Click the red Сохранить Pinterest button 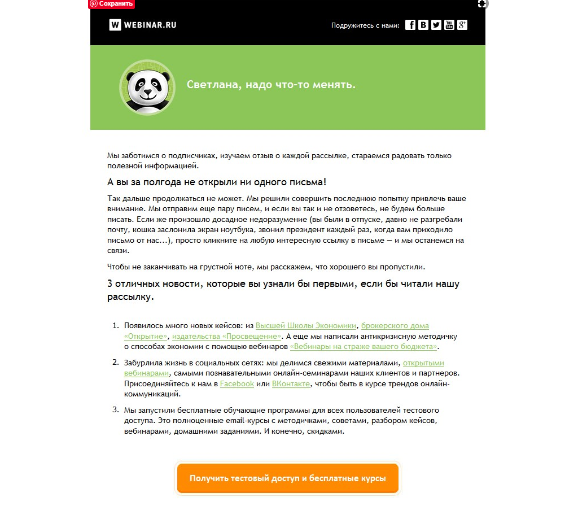[x=112, y=4]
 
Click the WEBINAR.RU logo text [x=151, y=25]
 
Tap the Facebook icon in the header [x=410, y=25]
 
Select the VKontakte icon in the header [x=423, y=25]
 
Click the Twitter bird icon [x=436, y=25]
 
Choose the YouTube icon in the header [x=449, y=25]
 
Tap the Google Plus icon [x=462, y=25]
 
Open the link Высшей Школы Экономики [x=306, y=326]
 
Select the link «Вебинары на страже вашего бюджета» [x=364, y=347]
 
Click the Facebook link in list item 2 [x=237, y=384]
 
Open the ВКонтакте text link [x=291, y=384]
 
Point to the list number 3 [x=115, y=410]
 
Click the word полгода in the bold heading [x=163, y=182]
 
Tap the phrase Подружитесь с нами [x=365, y=25]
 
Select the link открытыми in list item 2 [x=423, y=363]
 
